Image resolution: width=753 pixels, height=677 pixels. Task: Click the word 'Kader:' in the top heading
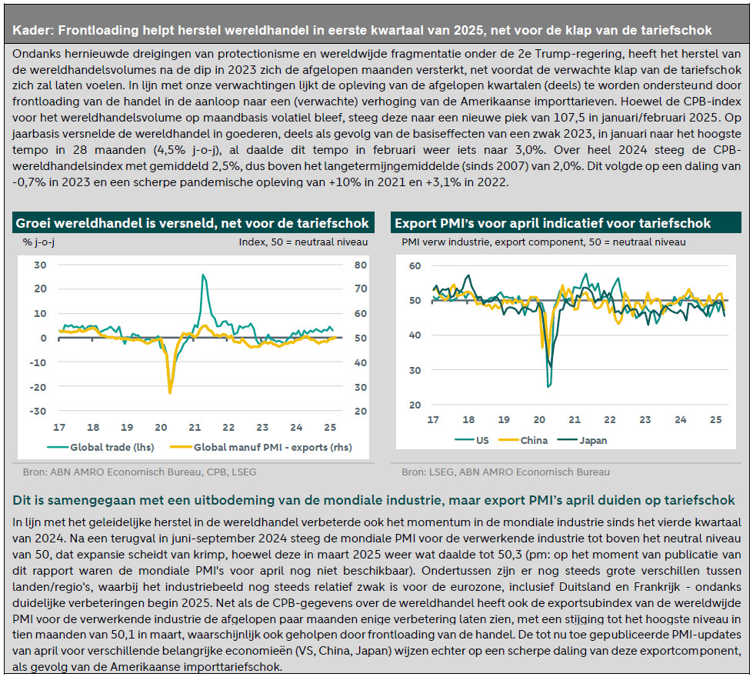32,31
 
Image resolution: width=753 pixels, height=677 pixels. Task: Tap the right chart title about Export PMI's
552,223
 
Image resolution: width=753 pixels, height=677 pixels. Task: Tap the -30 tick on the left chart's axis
38,411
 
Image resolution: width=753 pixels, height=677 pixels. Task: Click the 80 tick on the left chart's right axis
359,265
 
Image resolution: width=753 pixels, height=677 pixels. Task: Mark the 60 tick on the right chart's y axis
415,265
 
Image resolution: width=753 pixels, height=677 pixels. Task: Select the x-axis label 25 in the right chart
715,420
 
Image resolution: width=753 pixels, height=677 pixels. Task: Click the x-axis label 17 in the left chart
59,427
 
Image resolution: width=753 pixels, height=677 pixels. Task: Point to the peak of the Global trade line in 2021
203,275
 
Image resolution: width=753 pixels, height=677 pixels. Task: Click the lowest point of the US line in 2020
548,386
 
